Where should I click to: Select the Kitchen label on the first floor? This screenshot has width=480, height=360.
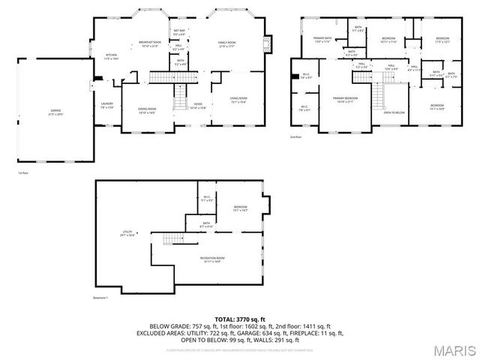[x=112, y=56]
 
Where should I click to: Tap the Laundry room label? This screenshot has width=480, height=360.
[x=106, y=106]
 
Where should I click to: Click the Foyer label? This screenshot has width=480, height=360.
[x=197, y=106]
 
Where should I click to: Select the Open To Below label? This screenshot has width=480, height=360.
[x=394, y=112]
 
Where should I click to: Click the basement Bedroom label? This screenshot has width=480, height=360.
[x=240, y=208]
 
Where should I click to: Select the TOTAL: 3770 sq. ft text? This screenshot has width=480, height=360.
[x=240, y=318]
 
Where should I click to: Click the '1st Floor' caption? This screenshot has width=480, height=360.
[x=23, y=173]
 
